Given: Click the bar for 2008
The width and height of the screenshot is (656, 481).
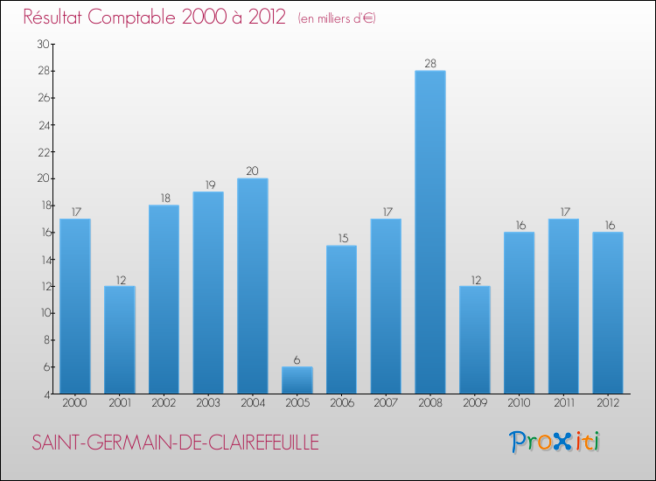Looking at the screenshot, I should [430, 232].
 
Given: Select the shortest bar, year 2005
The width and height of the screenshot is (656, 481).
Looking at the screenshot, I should [297, 380].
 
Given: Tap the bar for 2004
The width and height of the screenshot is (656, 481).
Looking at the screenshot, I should [253, 286].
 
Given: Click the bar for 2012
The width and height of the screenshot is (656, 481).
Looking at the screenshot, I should [608, 312].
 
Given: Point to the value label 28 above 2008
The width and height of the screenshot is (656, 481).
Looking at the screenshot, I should [430, 63].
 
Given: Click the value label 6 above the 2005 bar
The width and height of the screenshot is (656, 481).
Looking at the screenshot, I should [297, 359].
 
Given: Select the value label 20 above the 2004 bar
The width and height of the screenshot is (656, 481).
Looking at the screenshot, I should [253, 171].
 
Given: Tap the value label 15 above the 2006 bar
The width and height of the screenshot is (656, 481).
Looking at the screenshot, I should [341, 239].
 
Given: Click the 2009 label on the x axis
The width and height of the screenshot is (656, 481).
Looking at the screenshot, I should [475, 404].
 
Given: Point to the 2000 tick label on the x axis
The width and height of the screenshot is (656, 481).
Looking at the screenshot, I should [75, 404].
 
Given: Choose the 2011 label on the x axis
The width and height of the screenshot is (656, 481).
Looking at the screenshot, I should [564, 404].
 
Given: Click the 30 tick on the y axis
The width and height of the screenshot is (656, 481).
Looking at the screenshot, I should [43, 44].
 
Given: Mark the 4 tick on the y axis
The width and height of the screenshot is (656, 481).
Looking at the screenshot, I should [45, 394].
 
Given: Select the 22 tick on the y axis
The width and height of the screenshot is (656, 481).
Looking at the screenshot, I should [43, 151].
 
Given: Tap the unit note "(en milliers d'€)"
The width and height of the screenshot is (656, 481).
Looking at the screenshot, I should [337, 19].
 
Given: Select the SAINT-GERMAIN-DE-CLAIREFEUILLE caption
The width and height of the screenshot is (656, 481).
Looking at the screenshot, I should [175, 443].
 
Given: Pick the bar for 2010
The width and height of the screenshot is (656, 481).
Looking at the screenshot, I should [520, 312].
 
